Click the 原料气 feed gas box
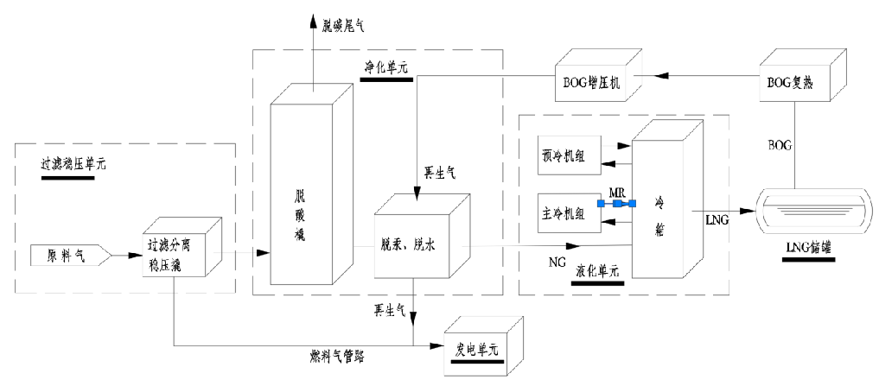tap(66, 255)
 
